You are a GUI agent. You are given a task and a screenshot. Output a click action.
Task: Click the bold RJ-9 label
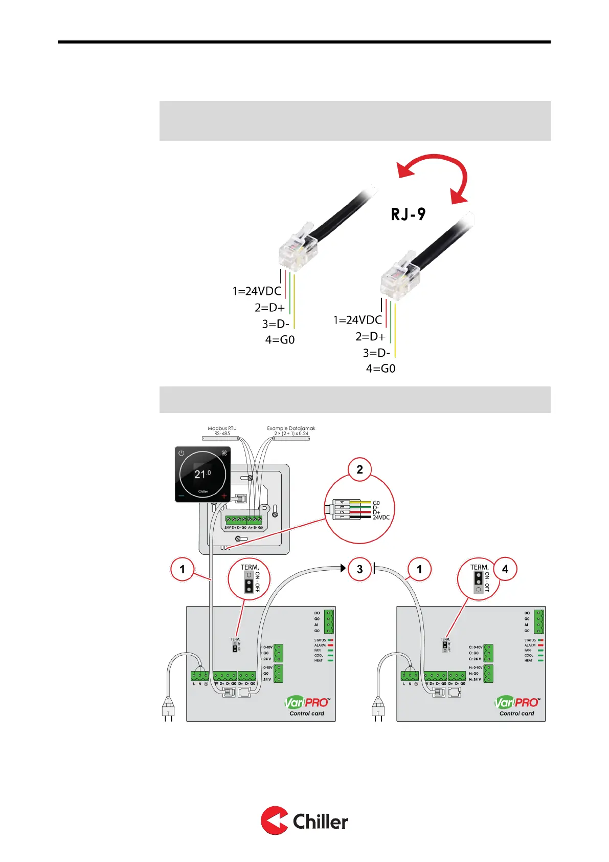tap(408, 214)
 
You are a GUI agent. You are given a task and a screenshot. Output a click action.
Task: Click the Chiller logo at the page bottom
tap(304, 821)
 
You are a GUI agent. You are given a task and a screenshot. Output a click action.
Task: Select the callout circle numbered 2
tap(359, 469)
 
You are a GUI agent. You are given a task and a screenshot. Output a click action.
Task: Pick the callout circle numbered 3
tap(359, 569)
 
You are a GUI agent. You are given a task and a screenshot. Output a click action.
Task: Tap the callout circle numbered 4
tap(505, 569)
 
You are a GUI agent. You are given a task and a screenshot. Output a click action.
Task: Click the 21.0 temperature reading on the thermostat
tap(202, 474)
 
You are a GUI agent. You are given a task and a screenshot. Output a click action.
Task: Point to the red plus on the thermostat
tap(224, 496)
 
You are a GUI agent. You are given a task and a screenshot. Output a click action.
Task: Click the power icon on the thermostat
tap(181, 454)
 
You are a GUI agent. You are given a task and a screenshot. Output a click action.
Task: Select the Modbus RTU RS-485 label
tap(222, 431)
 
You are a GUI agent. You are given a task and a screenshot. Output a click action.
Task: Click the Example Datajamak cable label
tap(291, 431)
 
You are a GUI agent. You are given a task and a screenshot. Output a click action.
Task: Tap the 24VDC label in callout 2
tap(381, 518)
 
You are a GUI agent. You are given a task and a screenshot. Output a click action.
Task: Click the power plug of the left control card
tap(168, 709)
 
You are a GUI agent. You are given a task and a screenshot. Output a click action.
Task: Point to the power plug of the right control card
tap(378, 709)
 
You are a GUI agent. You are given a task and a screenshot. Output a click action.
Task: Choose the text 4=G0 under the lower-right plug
tap(380, 369)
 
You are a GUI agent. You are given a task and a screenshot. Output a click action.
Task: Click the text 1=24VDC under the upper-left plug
tap(257, 291)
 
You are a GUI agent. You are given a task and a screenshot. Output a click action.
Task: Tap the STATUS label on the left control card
tap(320, 640)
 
